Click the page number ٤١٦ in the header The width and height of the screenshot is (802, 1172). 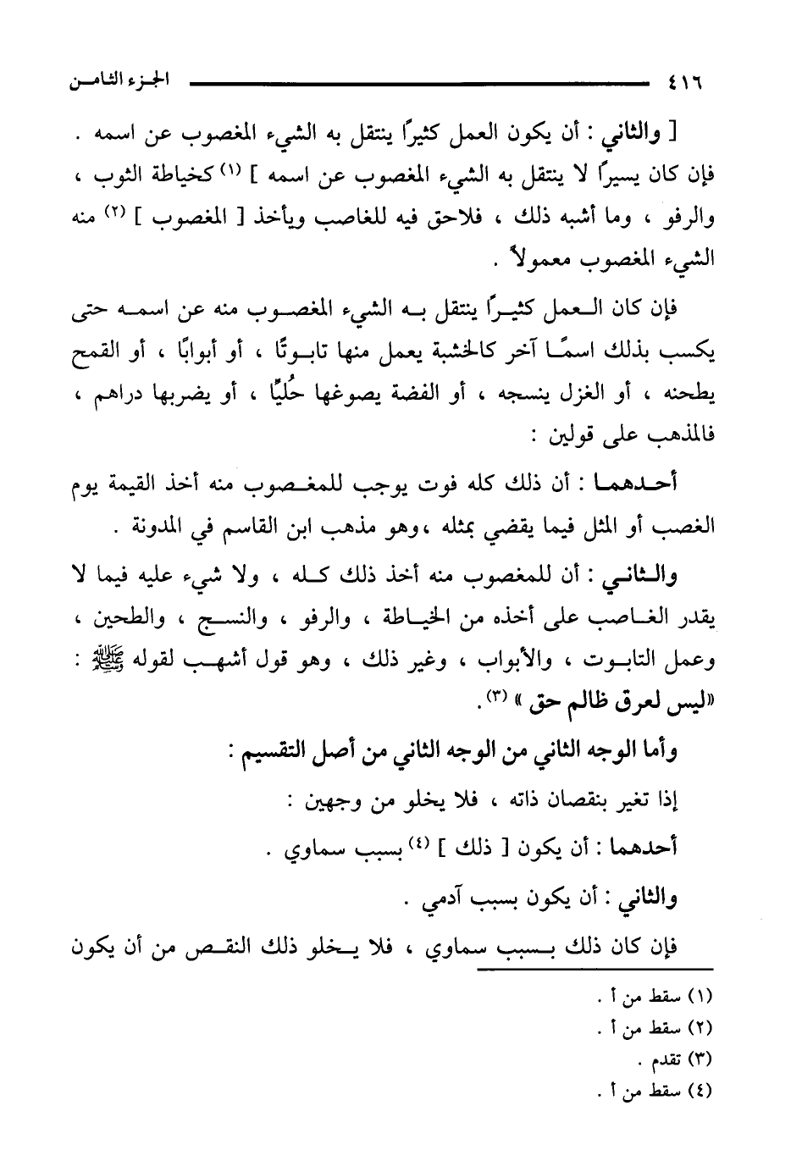pos(685,85)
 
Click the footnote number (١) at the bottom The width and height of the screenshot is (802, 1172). pos(701,1002)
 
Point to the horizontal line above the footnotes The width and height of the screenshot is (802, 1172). pos(593,968)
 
